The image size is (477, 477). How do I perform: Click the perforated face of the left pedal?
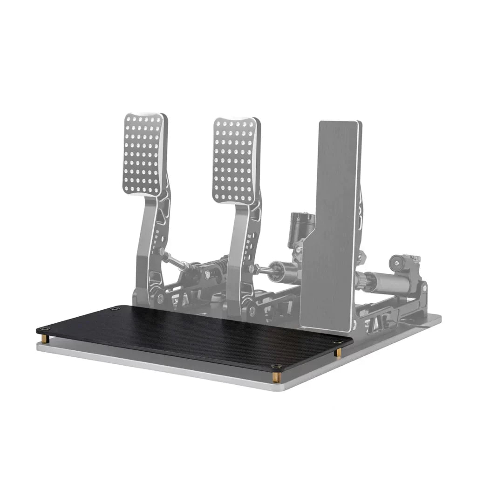pos(145,154)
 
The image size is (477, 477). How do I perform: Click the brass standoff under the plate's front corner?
pos(276,376)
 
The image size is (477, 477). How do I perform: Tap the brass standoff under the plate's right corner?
pos(338,353)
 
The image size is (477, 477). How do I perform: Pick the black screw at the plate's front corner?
pos(276,367)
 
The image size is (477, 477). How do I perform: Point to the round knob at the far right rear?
pos(398,263)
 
